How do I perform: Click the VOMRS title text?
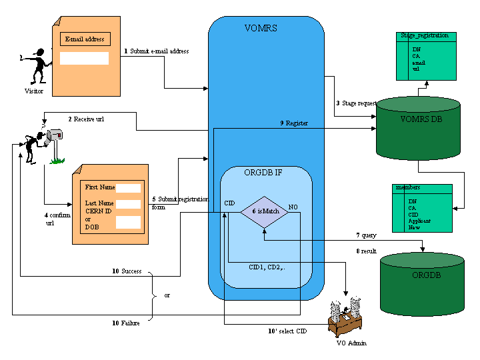tap(261, 29)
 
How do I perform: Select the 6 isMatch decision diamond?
tap(264, 211)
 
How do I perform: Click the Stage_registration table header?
tap(424, 35)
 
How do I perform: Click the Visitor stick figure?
tap(37, 66)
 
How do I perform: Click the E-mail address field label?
tap(84, 39)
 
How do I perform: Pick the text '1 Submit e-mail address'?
tap(157, 51)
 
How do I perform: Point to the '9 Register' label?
tap(294, 123)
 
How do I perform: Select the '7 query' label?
tap(367, 235)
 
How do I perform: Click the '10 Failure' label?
tap(126, 323)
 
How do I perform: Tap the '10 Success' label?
tap(127, 271)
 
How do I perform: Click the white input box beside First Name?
tap(129, 188)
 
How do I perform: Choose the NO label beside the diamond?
tap(293, 207)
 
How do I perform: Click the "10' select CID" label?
tap(287, 331)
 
